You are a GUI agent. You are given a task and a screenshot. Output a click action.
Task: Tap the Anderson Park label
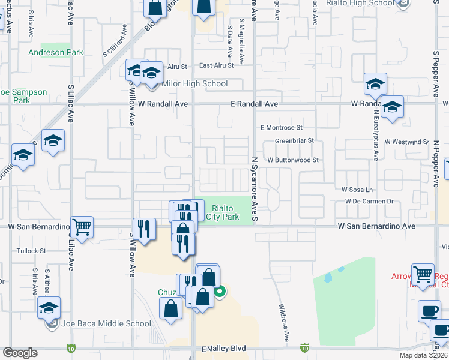pos(55,53)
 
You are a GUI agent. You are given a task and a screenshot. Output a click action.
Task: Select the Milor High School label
pos(195,83)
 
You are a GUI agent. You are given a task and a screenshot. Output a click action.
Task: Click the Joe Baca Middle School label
pos(106,324)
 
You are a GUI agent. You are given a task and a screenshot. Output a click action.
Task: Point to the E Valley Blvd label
pos(224,349)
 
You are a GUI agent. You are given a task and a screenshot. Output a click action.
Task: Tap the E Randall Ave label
pos(255,104)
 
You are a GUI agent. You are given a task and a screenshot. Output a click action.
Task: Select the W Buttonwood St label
pos(292,160)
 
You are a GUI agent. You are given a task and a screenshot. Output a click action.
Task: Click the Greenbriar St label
pos(295,141)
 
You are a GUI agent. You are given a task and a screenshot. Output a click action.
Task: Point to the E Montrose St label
pos(281,128)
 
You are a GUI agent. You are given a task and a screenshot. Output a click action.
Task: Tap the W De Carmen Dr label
pos(368,202)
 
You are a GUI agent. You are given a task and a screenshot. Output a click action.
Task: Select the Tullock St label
pos(31,251)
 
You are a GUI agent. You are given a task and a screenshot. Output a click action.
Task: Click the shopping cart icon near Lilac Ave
pos(82,227)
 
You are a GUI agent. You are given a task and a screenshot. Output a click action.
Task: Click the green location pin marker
pos(220,292)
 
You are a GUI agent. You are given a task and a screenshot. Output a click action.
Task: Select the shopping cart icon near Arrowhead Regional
pos(423,275)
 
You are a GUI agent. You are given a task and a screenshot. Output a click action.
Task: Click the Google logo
pos(20,353)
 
